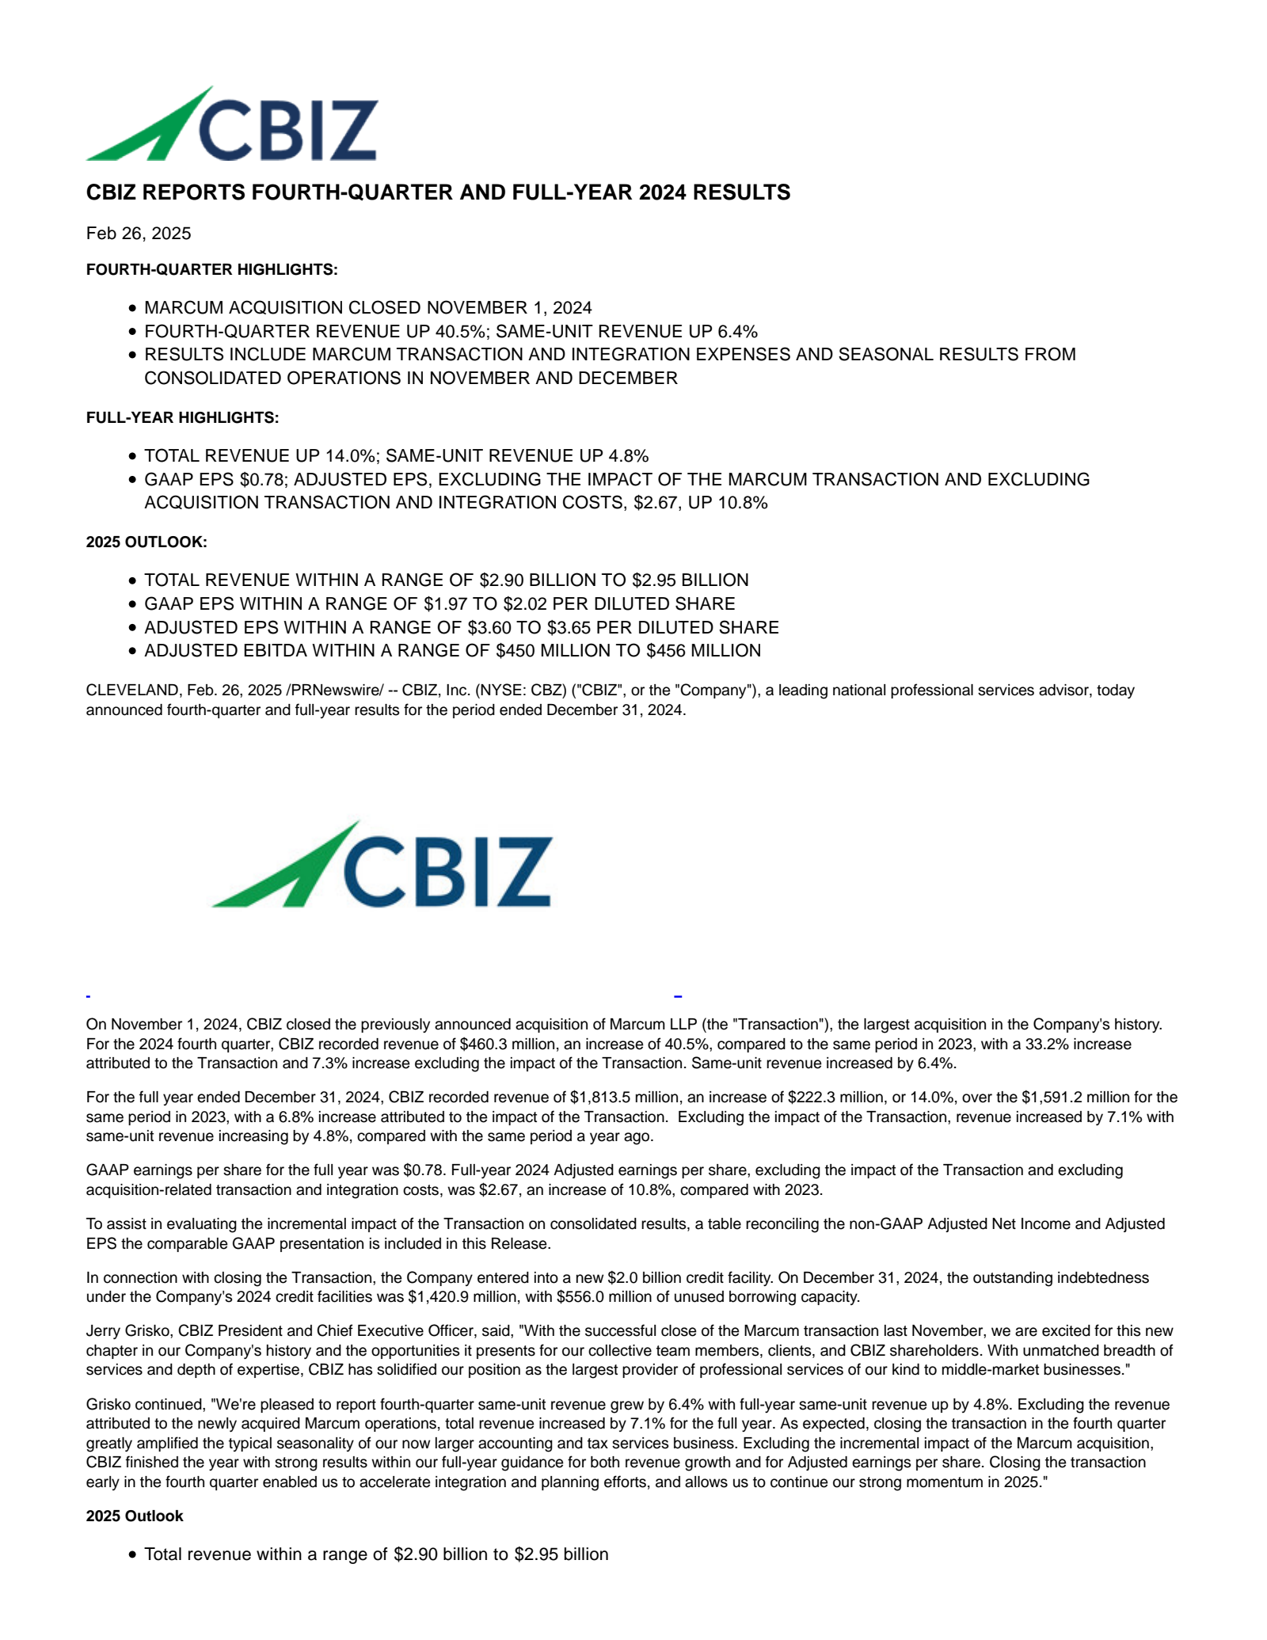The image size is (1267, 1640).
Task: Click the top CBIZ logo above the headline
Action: click(231, 125)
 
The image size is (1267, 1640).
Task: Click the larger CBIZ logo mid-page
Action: click(381, 865)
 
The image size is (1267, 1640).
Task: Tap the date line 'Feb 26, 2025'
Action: click(139, 233)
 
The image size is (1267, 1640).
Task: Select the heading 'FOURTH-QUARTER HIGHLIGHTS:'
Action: click(211, 270)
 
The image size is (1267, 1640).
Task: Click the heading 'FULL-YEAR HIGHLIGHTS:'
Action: click(182, 417)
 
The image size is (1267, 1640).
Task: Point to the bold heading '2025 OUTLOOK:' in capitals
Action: click(146, 542)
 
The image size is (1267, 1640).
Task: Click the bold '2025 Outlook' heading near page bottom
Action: click(135, 1516)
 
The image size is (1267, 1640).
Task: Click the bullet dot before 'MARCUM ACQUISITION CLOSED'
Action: click(132, 308)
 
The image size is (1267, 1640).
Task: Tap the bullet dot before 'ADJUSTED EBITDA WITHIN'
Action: click(132, 651)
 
